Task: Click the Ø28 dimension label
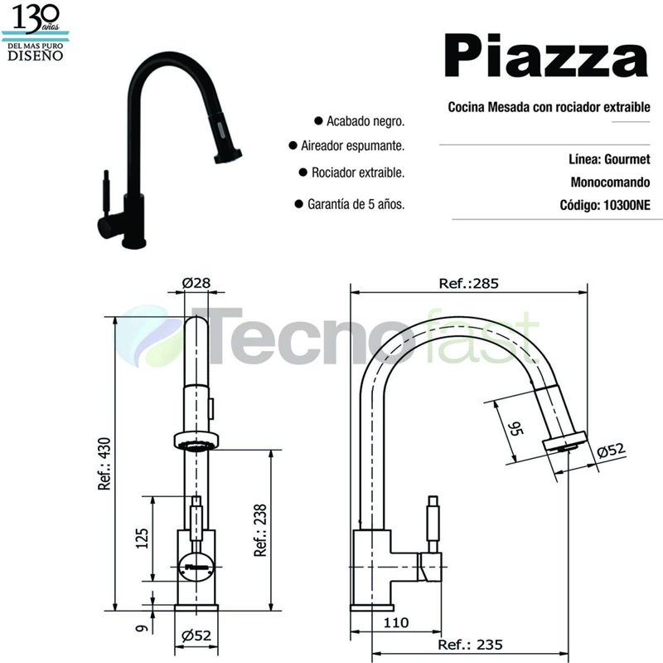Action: point(196,283)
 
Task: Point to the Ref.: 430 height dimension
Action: point(105,466)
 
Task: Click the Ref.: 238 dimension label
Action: point(259,532)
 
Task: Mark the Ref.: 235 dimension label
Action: point(471,645)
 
